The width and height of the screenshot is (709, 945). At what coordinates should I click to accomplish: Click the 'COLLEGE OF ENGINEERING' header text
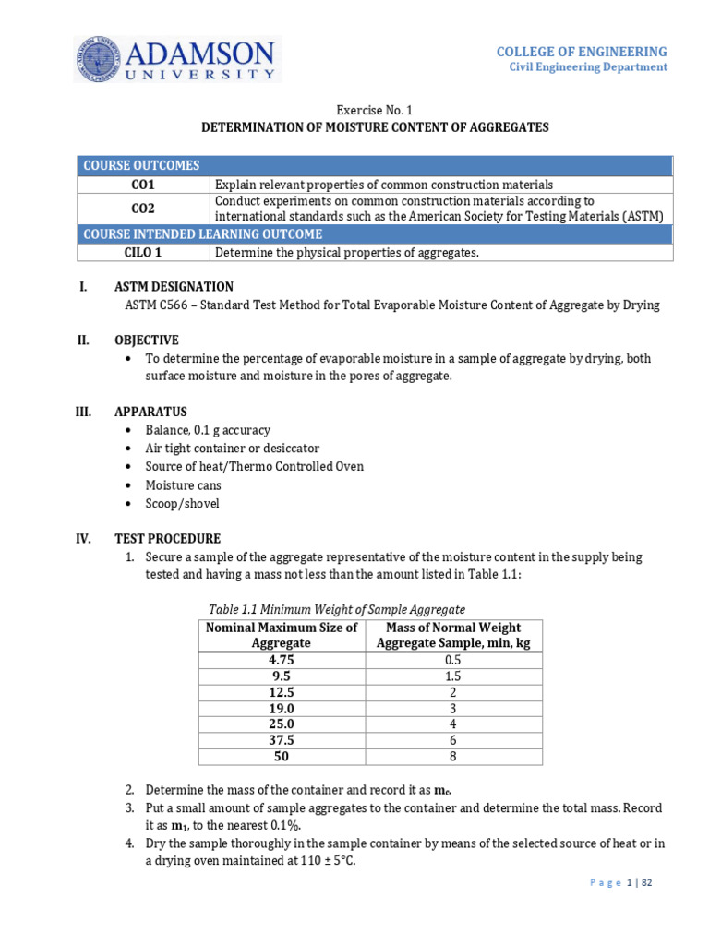coord(582,52)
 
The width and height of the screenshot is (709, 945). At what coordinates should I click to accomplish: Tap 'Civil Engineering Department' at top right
coord(588,67)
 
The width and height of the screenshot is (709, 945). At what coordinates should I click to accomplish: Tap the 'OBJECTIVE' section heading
coord(146,340)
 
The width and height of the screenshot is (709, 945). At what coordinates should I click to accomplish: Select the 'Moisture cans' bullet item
coord(183,485)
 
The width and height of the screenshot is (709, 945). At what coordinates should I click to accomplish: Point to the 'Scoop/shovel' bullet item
coord(182,504)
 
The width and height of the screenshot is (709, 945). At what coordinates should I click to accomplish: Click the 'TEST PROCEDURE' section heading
coord(167,539)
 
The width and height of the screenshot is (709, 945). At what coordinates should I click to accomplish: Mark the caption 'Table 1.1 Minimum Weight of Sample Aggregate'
coord(337,609)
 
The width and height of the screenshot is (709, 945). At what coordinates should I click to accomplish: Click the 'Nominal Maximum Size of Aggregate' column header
coord(281,635)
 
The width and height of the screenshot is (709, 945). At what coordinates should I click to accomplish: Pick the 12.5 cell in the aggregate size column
coord(281,692)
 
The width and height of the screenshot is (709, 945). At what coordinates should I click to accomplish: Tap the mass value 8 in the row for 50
coord(452,756)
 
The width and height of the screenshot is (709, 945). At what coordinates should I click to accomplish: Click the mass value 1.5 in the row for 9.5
coord(452,676)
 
